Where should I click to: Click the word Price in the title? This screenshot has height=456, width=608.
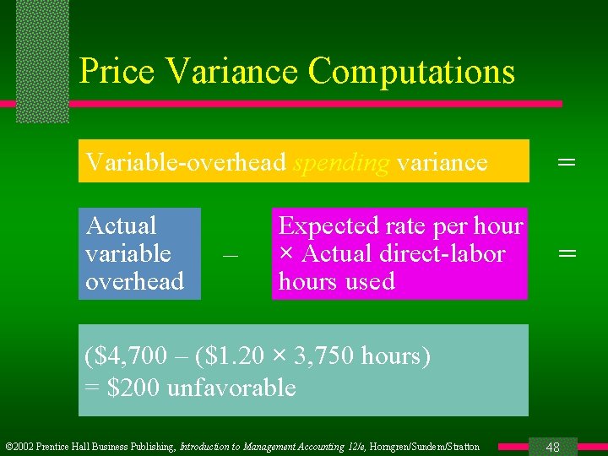pyautogui.click(x=117, y=71)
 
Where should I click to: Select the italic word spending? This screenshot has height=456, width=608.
pyautogui.click(x=340, y=161)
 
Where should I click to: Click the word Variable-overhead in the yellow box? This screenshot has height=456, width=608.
pyautogui.click(x=186, y=161)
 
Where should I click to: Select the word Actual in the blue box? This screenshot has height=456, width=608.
pyautogui.click(x=121, y=225)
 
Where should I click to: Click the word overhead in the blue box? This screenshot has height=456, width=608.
pyautogui.click(x=134, y=281)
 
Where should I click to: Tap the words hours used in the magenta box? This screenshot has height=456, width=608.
pyautogui.click(x=336, y=281)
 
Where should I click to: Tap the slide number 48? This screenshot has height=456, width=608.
pyautogui.click(x=553, y=447)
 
